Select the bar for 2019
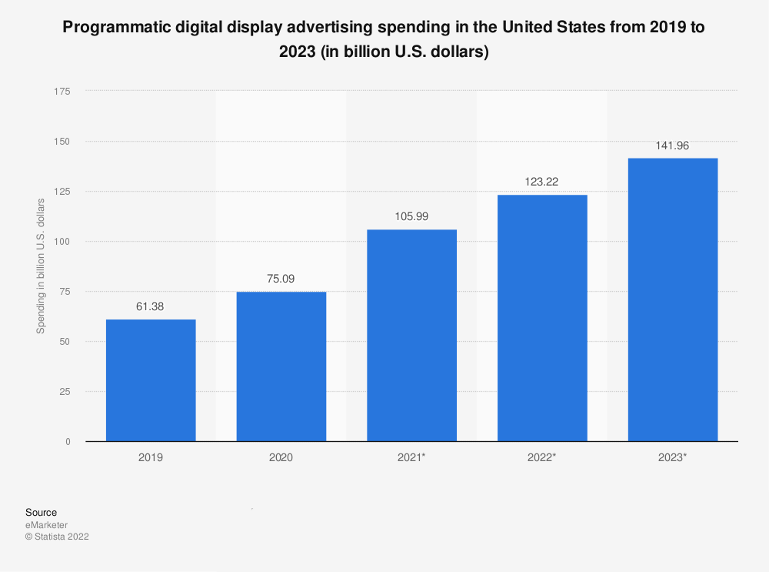tap(151, 380)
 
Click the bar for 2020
tap(281, 366)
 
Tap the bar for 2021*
tap(411, 336)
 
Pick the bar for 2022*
tap(542, 318)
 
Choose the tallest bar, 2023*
tap(673, 299)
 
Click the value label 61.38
tap(151, 306)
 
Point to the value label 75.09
tap(281, 279)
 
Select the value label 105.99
tap(411, 217)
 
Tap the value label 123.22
tap(542, 182)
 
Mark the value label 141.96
tap(673, 146)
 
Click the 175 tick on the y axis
tap(62, 92)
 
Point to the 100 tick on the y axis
tap(62, 242)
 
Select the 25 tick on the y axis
tap(65, 392)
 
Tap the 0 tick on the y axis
tap(68, 442)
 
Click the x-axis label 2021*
tap(411, 457)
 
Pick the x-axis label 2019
tap(151, 457)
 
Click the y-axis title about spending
tap(40, 266)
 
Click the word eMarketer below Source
tap(46, 525)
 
